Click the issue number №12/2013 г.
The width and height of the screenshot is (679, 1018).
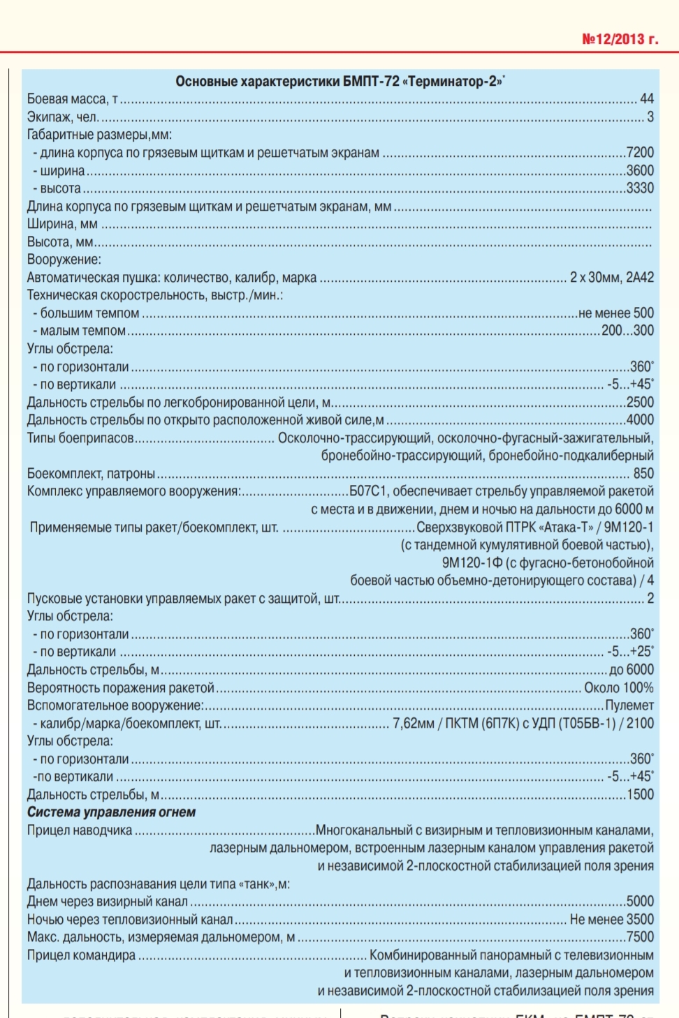pyautogui.click(x=620, y=39)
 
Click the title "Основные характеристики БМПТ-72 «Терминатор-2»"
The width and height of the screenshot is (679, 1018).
pyautogui.click(x=339, y=81)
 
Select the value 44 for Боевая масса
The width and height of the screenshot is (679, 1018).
pyautogui.click(x=647, y=99)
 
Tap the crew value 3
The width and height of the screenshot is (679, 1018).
pyautogui.click(x=650, y=117)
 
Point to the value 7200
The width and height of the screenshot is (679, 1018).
pyautogui.click(x=640, y=152)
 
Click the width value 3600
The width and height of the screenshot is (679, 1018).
pyautogui.click(x=640, y=170)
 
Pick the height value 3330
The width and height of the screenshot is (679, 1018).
pyautogui.click(x=640, y=188)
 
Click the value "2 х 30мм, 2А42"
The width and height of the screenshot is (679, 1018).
pyautogui.click(x=612, y=278)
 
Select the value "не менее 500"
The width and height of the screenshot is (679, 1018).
pyautogui.click(x=616, y=313)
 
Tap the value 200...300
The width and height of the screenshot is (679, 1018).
pyautogui.click(x=628, y=331)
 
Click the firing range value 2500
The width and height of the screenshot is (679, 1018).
pyautogui.click(x=640, y=403)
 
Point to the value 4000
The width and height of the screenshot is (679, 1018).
pyautogui.click(x=640, y=420)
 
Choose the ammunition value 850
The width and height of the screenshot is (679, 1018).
pyautogui.click(x=643, y=474)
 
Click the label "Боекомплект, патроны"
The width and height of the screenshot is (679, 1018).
pyautogui.click(x=92, y=474)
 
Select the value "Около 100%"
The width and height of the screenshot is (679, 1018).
pyautogui.click(x=619, y=688)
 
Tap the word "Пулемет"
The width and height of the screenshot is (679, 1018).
pyautogui.click(x=629, y=705)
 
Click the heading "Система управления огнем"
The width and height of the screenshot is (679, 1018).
pyautogui.click(x=111, y=812)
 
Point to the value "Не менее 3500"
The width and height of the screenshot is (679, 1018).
pyautogui.click(x=612, y=920)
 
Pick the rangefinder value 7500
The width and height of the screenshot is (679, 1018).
pyautogui.click(x=640, y=937)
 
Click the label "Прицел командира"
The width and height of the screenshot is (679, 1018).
pyautogui.click(x=81, y=955)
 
